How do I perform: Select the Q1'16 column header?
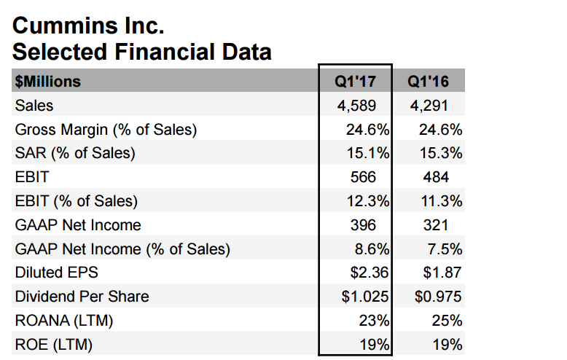click(x=429, y=81)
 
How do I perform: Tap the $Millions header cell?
click(x=48, y=81)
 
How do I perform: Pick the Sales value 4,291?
click(x=430, y=105)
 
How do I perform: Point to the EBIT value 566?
click(x=363, y=177)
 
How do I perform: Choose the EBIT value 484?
click(x=436, y=177)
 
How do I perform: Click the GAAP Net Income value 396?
click(x=363, y=224)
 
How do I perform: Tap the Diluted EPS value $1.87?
click(x=442, y=273)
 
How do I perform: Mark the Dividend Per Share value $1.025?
click(x=367, y=297)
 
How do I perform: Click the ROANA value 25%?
click(x=446, y=321)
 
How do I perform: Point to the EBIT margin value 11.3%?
click(x=440, y=201)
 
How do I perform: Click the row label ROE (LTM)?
click(x=54, y=345)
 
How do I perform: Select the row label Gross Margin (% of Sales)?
click(x=106, y=130)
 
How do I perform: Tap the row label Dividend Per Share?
click(x=82, y=297)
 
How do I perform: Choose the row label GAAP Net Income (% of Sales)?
click(x=122, y=249)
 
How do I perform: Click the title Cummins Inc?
click(x=89, y=27)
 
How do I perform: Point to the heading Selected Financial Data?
click(x=142, y=52)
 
